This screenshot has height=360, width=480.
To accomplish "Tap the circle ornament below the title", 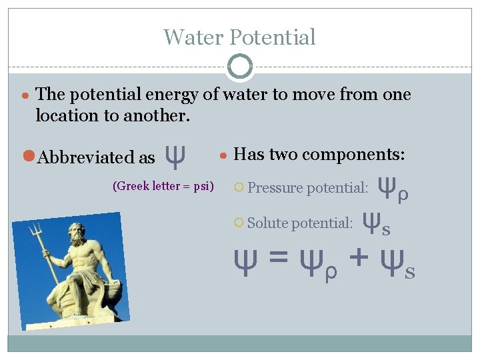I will click(x=240, y=67).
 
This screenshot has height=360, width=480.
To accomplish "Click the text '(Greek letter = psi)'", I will click(x=163, y=186).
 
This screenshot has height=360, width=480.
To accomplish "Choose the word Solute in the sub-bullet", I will click(x=267, y=223).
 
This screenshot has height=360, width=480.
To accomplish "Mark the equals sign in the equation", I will click(x=277, y=257).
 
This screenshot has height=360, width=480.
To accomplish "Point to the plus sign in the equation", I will click(x=357, y=257).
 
